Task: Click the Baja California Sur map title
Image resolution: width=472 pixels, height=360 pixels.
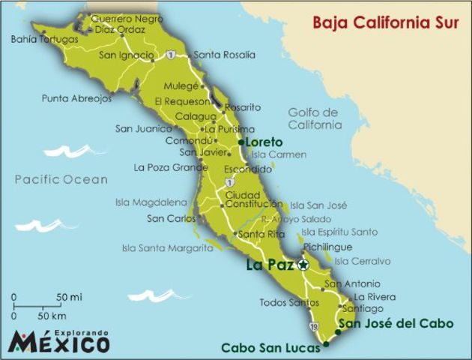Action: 384,22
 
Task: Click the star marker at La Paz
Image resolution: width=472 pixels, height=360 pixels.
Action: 303,265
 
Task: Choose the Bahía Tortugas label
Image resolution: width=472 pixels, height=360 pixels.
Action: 44,38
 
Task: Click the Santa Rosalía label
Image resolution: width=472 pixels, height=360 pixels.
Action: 224,55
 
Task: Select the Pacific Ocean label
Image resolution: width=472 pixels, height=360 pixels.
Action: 61,179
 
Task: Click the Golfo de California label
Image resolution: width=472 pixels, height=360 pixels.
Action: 313,118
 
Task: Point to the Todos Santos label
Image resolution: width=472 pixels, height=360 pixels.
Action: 284,303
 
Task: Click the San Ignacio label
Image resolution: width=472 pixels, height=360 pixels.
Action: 127,55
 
